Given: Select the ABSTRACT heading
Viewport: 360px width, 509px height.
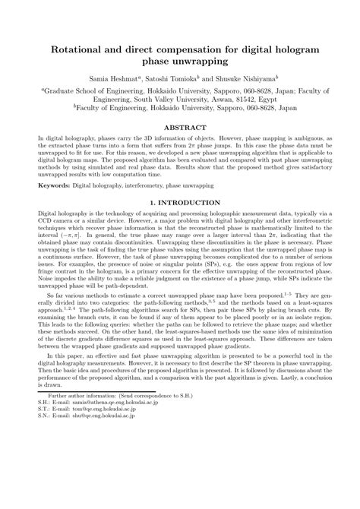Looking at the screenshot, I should pos(179,128).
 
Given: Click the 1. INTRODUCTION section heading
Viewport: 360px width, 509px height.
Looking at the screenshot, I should pos(179,204).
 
